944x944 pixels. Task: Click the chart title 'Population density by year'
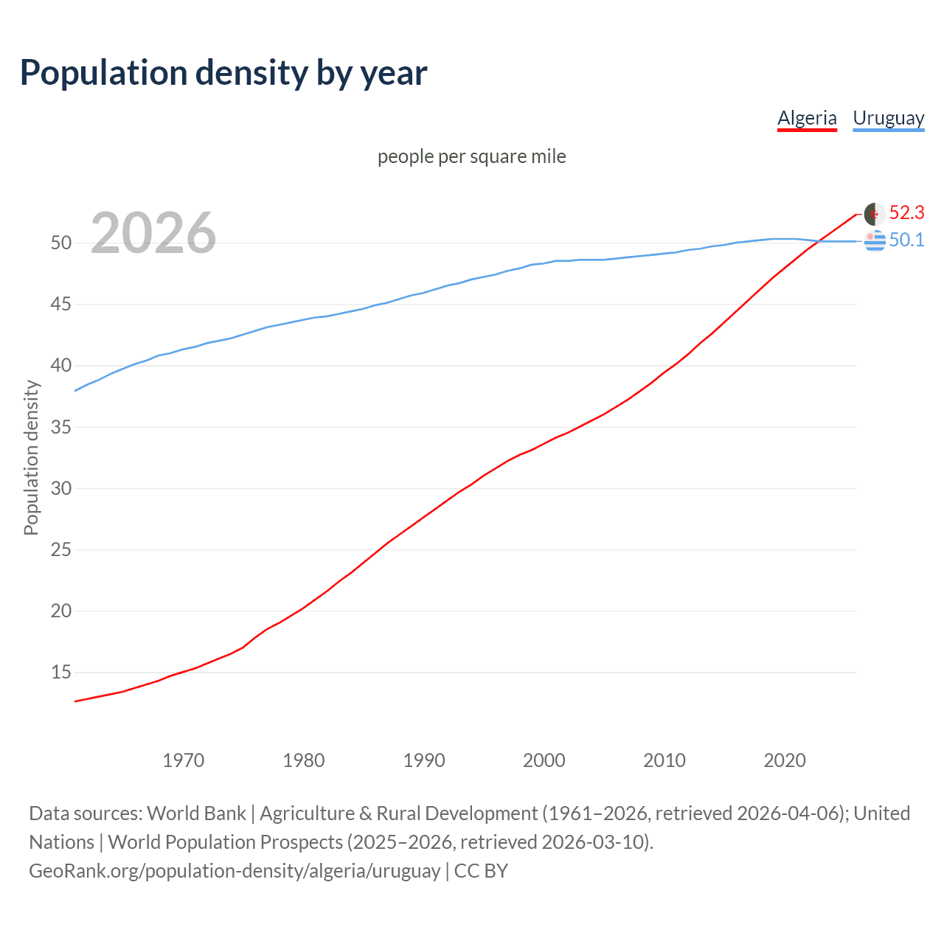(223, 73)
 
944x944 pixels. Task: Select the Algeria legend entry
(807, 118)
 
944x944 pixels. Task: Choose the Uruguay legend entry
(888, 118)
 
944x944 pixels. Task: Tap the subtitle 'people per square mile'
(471, 156)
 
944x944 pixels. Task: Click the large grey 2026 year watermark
(153, 233)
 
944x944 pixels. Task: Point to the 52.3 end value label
(906, 213)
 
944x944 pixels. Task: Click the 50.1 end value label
(906, 240)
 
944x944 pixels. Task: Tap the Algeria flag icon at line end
(874, 214)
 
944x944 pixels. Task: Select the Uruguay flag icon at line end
(875, 240)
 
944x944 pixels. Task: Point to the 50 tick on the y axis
(61, 243)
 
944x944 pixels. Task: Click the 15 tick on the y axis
(61, 673)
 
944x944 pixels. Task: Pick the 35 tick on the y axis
(61, 427)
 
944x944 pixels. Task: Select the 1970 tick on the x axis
(184, 760)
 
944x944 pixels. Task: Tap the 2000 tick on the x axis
(544, 760)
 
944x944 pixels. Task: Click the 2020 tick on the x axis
(785, 760)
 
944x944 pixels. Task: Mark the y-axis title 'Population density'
(31, 457)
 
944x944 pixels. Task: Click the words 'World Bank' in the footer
(196, 813)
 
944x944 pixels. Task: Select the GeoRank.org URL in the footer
(235, 871)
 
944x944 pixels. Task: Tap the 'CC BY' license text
(481, 871)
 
